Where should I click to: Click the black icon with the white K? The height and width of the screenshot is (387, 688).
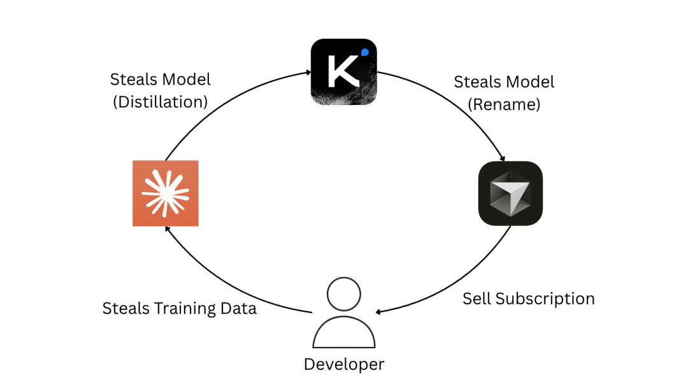343,72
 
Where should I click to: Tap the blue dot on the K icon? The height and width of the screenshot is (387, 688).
364,52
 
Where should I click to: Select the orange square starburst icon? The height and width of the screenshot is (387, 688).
165,193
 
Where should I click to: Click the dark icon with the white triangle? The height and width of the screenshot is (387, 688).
510,193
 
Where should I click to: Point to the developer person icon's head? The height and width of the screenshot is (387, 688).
343,294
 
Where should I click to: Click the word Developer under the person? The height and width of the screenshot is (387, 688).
344,365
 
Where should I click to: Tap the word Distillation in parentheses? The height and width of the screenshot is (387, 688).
161,101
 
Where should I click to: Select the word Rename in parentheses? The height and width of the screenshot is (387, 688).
505,104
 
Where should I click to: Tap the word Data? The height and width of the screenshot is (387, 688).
238,309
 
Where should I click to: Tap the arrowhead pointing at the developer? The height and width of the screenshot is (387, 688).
379,313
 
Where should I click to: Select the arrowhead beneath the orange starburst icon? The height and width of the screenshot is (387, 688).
167,231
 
